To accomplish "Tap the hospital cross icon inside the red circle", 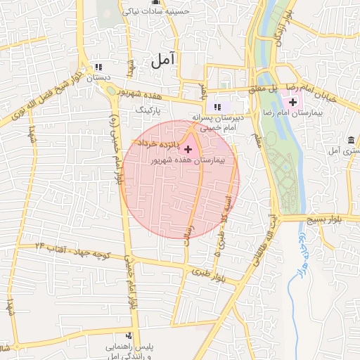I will [187, 149].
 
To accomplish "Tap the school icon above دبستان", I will [99, 67].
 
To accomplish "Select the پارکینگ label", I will [148, 111].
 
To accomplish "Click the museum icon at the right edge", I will [351, 139].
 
